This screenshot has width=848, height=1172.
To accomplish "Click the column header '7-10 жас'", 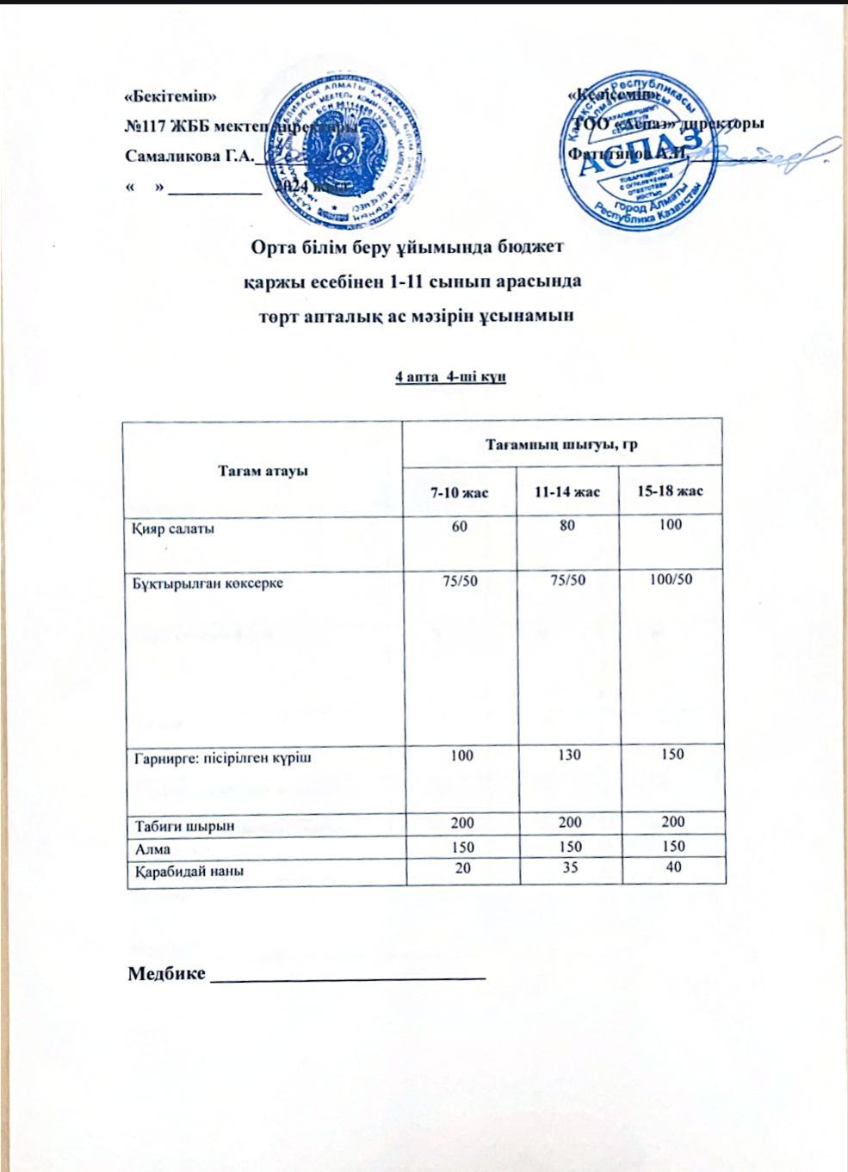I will pyautogui.click(x=459, y=492).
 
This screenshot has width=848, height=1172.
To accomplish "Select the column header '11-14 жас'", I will pyautogui.click(x=566, y=492).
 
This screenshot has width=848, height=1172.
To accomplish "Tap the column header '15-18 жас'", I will pyautogui.click(x=670, y=491).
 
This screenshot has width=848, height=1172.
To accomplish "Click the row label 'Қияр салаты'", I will pyautogui.click(x=173, y=528).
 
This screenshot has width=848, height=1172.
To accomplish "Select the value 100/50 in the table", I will pyautogui.click(x=671, y=580).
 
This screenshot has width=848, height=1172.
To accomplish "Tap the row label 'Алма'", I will pyautogui.click(x=152, y=848).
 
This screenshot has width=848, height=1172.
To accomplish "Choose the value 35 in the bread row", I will pyautogui.click(x=568, y=867).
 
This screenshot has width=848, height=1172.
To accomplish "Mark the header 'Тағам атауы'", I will pyautogui.click(x=263, y=471).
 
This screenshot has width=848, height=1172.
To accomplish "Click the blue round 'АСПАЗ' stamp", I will pyautogui.click(x=641, y=157).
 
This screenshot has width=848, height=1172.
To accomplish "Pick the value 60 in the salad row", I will pyautogui.click(x=460, y=525).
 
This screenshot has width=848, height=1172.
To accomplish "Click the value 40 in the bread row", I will pyautogui.click(x=672, y=867).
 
